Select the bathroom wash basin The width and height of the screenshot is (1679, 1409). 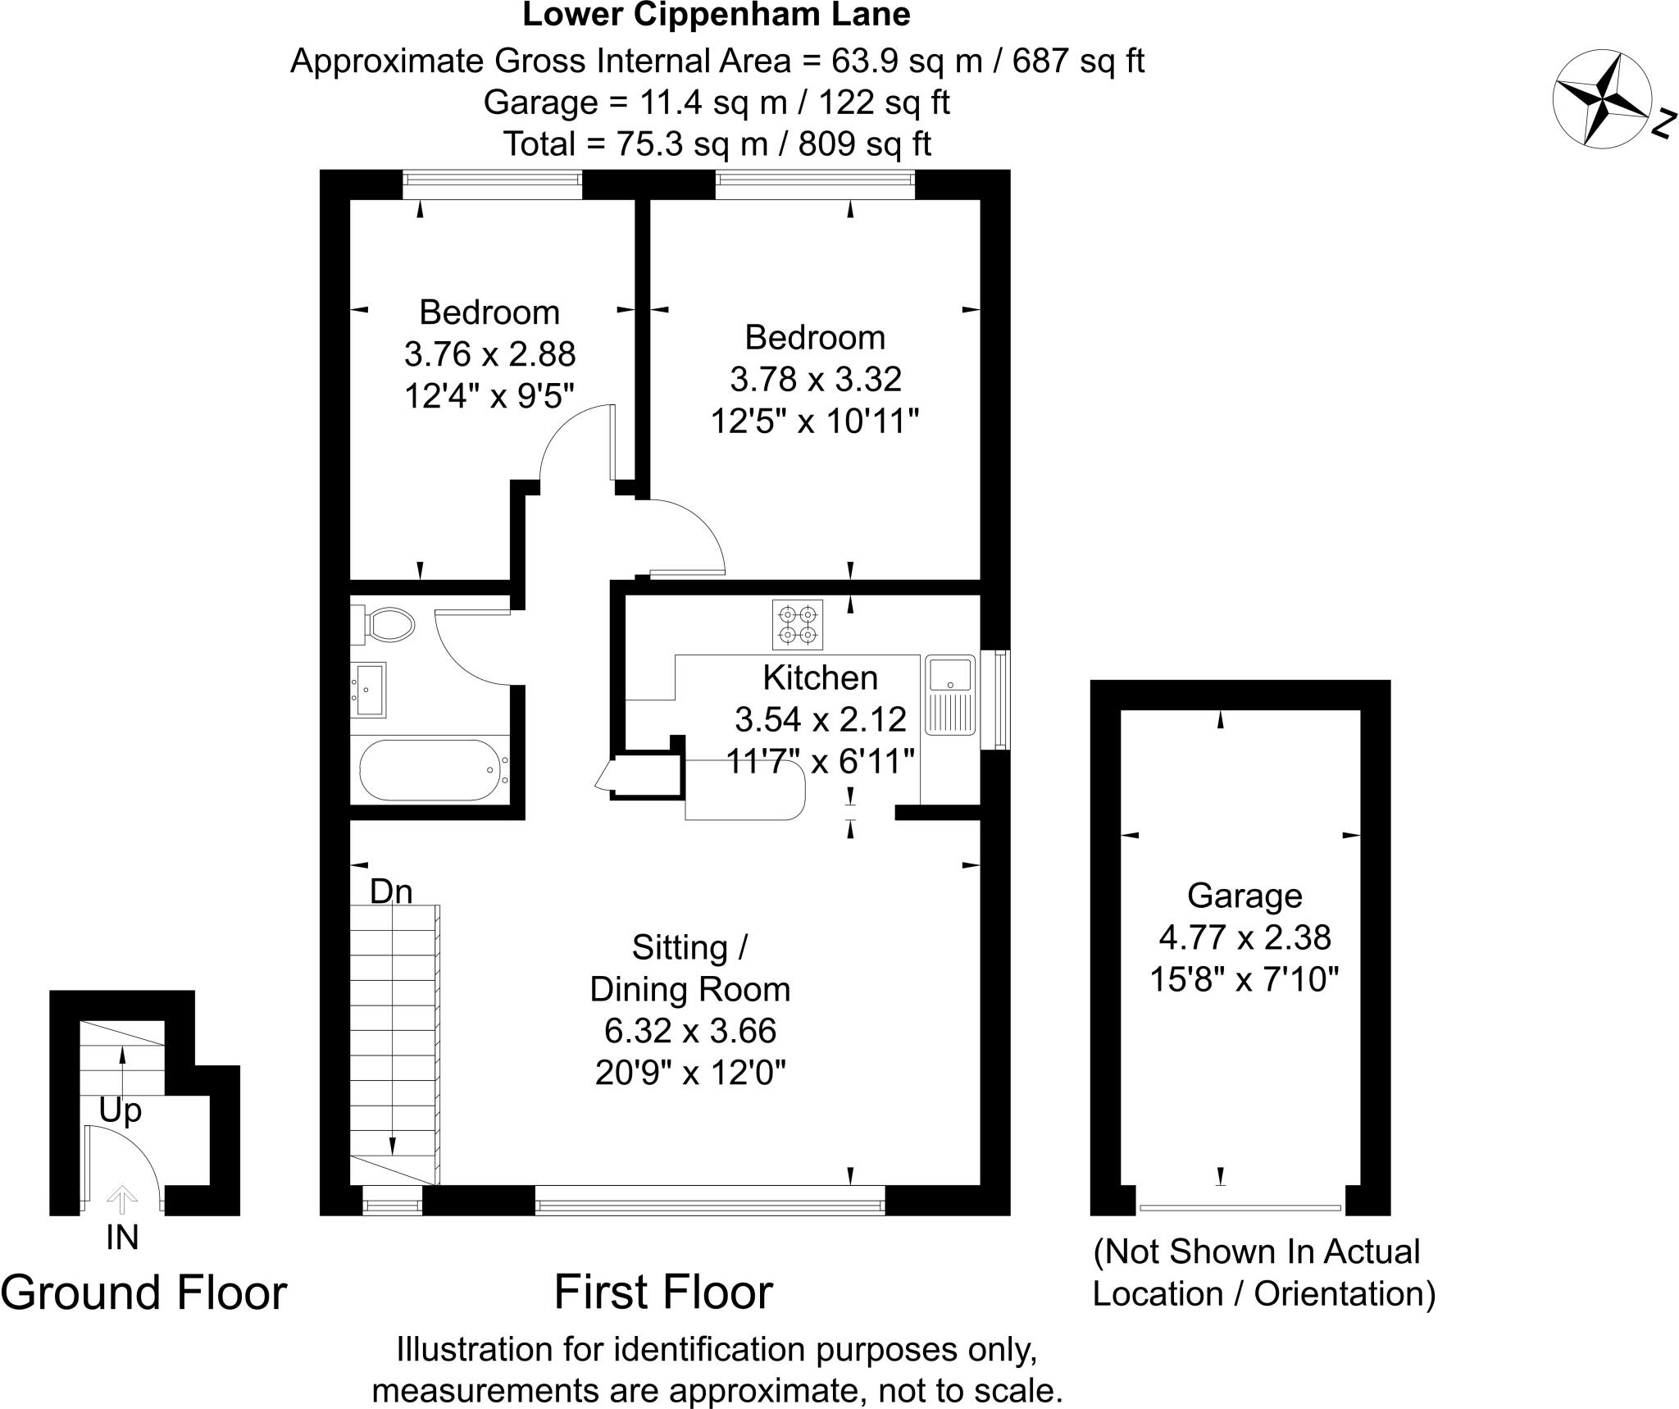(x=368, y=690)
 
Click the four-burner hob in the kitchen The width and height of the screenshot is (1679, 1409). (x=797, y=625)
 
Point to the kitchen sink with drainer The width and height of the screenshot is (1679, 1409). (x=949, y=694)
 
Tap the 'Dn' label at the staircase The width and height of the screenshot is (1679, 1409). (x=390, y=891)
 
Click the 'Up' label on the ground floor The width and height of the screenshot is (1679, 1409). (x=121, y=1110)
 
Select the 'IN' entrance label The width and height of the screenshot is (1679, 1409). (x=122, y=1238)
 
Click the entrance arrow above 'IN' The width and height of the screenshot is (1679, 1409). (x=122, y=1200)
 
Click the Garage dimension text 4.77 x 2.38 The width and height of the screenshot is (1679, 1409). (x=1244, y=937)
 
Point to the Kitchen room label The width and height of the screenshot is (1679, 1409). (x=819, y=677)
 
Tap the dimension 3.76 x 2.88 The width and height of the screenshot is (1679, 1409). (x=489, y=354)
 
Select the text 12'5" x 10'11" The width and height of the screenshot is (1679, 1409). (x=814, y=422)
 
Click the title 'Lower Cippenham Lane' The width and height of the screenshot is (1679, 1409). (x=716, y=15)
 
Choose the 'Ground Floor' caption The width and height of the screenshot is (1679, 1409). (x=143, y=1293)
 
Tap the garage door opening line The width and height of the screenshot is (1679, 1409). (x=1240, y=1207)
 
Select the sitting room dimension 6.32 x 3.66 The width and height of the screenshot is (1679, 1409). (x=690, y=1031)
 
